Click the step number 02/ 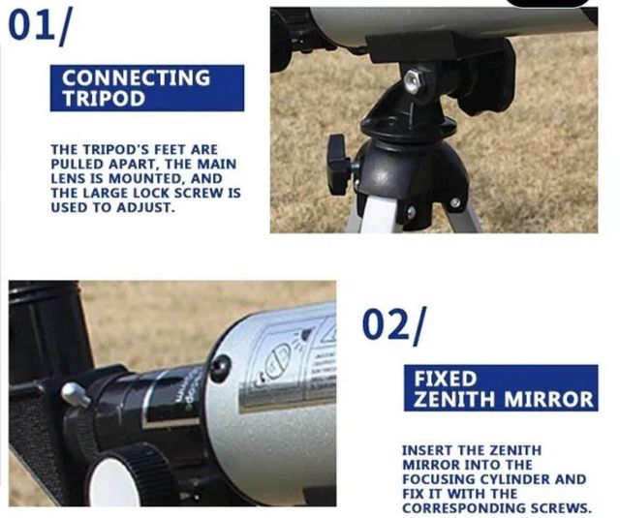click(x=393, y=325)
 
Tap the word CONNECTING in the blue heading click(x=136, y=77)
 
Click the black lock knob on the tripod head click(x=339, y=162)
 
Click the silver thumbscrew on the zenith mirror click(x=74, y=394)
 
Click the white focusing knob click(x=117, y=479)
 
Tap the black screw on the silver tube click(x=221, y=367)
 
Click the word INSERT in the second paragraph click(x=427, y=451)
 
